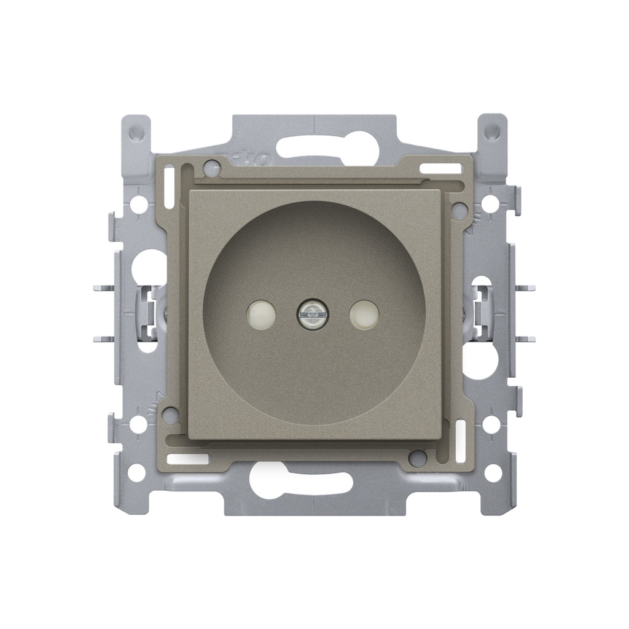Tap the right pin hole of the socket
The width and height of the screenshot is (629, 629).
coord(364,315)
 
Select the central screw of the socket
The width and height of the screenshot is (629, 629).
coord(312,315)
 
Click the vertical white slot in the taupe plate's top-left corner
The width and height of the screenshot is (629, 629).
coord(180,184)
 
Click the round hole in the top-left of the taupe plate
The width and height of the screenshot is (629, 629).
coord(211,165)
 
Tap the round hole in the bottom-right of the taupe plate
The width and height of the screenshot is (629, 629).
coord(418,457)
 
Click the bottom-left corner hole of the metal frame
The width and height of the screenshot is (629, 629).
coord(137,472)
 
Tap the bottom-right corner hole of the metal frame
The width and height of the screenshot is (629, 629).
coord(492,472)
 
